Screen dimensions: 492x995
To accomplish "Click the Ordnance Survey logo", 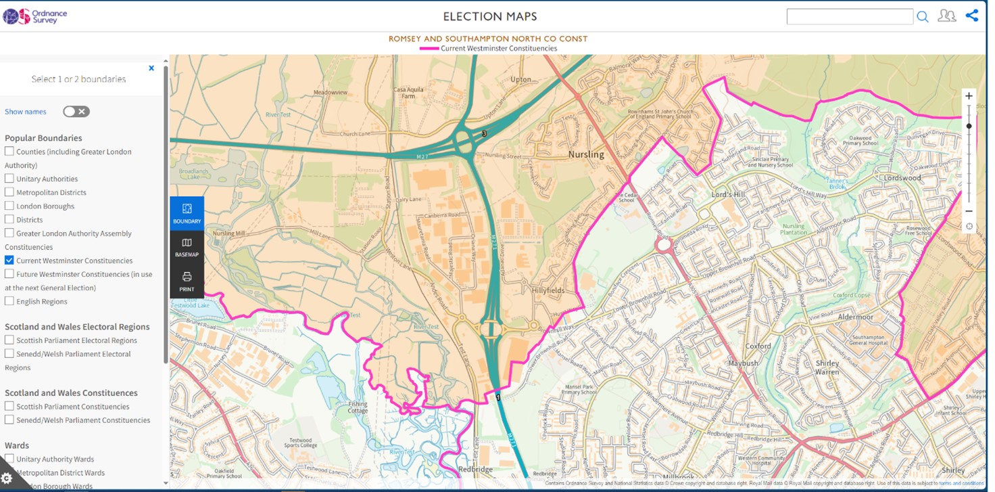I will [35, 16].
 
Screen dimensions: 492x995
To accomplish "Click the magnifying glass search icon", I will [923, 17].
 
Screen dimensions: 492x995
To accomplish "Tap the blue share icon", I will [971, 16].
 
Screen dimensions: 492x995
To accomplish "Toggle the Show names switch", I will [76, 112].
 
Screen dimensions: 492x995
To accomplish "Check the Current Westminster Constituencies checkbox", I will [9, 260].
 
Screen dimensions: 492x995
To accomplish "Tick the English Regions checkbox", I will [9, 301].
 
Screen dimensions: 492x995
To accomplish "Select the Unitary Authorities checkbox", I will [9, 179].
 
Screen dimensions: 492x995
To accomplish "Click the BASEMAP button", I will [187, 247].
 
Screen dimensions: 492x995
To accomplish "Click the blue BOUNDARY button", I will [187, 213].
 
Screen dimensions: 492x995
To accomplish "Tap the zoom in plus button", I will [969, 96].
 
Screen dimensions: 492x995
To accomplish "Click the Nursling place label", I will [586, 154].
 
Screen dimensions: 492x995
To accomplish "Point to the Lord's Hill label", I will [728, 194].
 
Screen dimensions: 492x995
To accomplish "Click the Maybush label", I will [743, 363].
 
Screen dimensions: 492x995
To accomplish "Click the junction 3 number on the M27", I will [484, 134].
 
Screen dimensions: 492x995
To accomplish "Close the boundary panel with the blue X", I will [151, 68].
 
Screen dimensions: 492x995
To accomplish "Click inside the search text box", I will [849, 17].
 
